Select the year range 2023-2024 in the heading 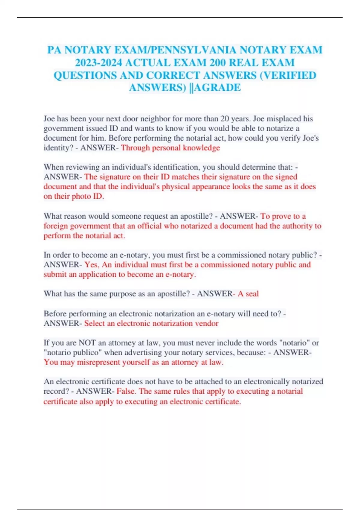[98, 63]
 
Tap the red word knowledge [201, 148]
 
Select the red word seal [252, 294]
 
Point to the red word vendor [207, 323]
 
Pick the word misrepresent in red [99, 362]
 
